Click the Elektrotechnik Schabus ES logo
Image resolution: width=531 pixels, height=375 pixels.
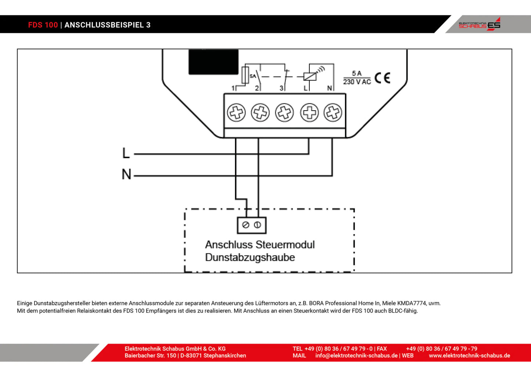click(480, 25)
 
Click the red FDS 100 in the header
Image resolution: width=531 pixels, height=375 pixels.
click(43, 25)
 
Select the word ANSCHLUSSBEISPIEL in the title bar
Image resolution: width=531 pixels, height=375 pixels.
click(104, 25)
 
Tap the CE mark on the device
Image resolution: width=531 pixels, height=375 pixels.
click(382, 78)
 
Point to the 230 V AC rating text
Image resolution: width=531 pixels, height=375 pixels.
click(357, 82)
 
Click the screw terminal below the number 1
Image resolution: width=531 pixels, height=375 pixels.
click(236, 112)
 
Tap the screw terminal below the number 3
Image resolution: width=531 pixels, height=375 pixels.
click(284, 112)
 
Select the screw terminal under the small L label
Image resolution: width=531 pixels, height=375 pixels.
click(309, 112)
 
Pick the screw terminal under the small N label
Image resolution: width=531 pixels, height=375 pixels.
click(333, 112)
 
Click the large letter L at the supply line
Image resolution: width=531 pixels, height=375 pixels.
click(126, 153)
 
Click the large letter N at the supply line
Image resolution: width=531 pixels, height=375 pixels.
click(126, 174)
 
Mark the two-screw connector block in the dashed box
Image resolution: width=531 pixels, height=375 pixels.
click(252, 225)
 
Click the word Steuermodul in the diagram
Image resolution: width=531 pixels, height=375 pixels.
click(285, 245)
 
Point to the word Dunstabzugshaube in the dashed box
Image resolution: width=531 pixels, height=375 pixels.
click(250, 257)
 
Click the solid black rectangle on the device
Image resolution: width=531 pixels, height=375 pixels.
click(214, 62)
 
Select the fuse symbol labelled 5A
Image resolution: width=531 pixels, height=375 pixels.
click(245, 76)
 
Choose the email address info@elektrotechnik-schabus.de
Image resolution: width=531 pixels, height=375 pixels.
click(356, 356)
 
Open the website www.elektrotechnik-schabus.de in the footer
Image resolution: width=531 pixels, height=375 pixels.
click(469, 356)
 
